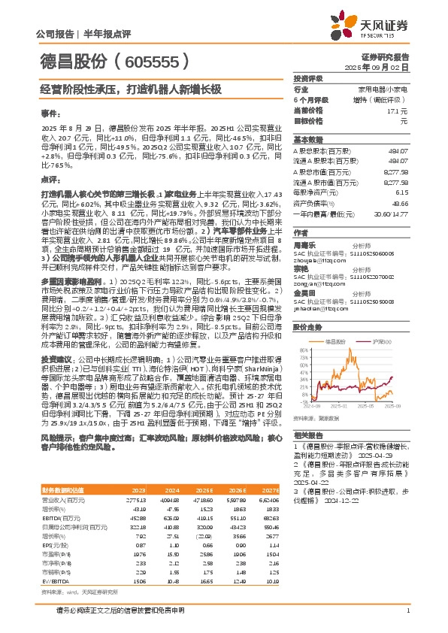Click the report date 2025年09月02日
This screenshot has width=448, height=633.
coord(387,67)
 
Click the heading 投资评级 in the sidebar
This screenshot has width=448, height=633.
coord(307,78)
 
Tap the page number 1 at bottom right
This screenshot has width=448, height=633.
coord(407,610)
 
